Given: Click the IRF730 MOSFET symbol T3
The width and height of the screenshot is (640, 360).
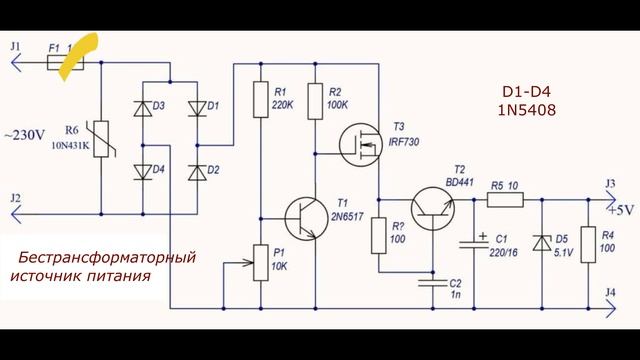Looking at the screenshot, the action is (361, 145).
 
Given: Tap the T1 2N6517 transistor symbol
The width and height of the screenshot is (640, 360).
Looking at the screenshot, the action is (306, 218).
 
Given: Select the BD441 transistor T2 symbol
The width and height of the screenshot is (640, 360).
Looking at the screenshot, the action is (433, 209).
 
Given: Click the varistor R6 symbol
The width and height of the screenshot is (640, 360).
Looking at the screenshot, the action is (102, 139).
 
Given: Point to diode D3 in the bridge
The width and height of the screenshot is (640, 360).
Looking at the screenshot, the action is (143, 109).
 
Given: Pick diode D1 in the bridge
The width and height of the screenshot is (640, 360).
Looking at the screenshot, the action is (197, 109).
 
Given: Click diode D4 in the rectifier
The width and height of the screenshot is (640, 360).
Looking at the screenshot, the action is (143, 172).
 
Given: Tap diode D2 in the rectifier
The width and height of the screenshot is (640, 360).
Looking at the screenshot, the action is (197, 172).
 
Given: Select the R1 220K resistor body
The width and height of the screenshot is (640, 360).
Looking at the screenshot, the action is (261, 100).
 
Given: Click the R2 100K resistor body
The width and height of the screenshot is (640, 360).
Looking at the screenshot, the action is (315, 101).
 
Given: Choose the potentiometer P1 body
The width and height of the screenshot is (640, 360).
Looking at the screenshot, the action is (261, 263).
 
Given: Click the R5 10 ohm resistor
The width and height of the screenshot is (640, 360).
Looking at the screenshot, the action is (505, 200).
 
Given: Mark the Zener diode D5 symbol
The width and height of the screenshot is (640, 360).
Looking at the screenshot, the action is (542, 243).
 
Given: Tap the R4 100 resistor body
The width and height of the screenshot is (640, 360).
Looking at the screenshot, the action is (588, 244).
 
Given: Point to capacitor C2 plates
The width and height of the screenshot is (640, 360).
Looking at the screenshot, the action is (433, 283).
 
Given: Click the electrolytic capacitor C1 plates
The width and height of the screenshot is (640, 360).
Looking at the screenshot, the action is (474, 244).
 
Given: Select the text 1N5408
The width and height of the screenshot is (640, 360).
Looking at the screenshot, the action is (527, 110).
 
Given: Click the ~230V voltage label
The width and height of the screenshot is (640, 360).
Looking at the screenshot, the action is (24, 135).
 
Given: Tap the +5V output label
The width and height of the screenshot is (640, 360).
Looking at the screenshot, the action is (621, 210).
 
